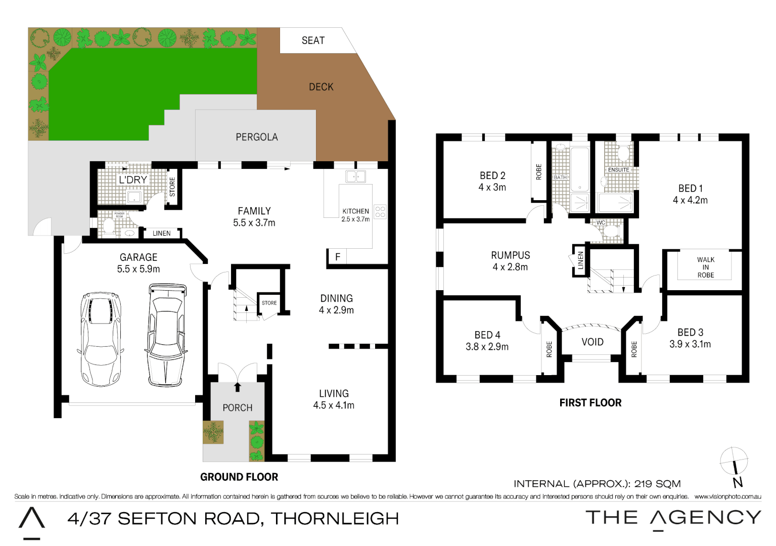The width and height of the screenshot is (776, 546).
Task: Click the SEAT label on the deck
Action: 313,40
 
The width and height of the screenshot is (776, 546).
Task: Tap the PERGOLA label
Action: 257,137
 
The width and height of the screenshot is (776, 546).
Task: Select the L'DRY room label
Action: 132,180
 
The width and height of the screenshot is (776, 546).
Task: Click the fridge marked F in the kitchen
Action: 338,257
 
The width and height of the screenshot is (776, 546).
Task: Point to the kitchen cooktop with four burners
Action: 380,212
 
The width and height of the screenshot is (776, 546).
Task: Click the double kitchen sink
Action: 355,176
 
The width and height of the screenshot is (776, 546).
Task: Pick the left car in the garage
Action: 100,338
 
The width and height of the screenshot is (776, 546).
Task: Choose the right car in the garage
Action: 166,334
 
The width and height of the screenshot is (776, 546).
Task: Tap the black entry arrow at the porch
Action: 238,387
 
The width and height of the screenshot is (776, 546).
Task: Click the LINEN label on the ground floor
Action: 161,234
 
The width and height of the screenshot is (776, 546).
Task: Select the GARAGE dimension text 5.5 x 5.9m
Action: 139,269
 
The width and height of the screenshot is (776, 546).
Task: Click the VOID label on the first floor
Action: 592,342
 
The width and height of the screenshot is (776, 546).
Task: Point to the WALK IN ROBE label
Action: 706,267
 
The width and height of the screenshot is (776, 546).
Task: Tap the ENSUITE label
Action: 619,170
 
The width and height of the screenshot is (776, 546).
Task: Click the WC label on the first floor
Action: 601,222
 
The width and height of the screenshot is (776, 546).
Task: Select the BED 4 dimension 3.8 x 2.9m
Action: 487,347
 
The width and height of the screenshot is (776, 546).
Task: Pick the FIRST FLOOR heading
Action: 590,403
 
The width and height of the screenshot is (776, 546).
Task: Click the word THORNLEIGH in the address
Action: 335,519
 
